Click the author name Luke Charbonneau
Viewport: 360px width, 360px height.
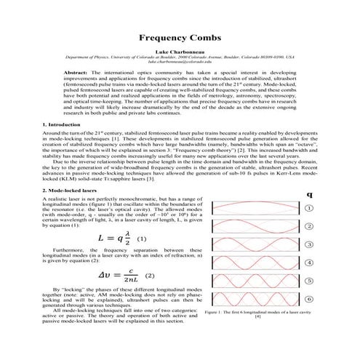click(x=180, y=52)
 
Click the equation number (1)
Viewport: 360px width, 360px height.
click(x=143, y=238)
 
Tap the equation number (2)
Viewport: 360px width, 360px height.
click(x=150, y=276)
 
